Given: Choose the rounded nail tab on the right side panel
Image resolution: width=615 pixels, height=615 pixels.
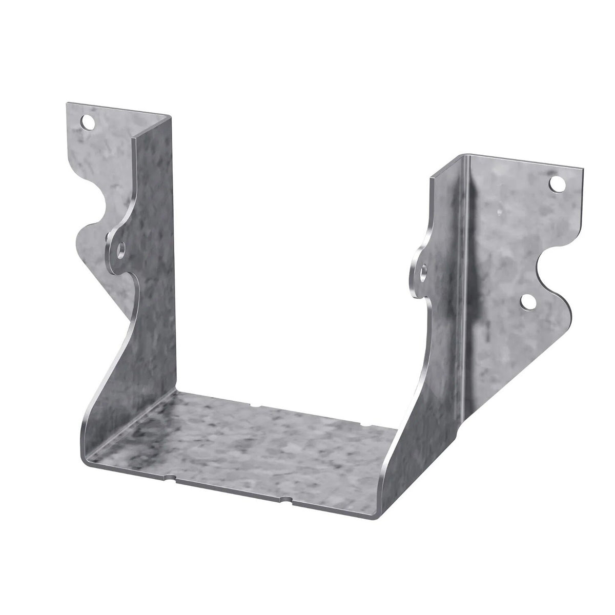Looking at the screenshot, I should point(420,269).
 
